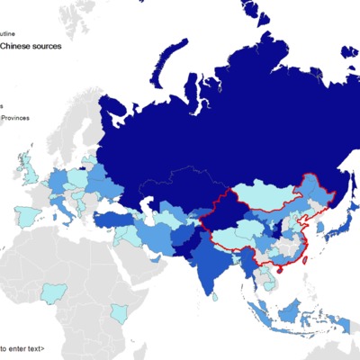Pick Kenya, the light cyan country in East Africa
tap(117, 314)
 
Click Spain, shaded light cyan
tap(27, 217)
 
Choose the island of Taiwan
tap(303, 255)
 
